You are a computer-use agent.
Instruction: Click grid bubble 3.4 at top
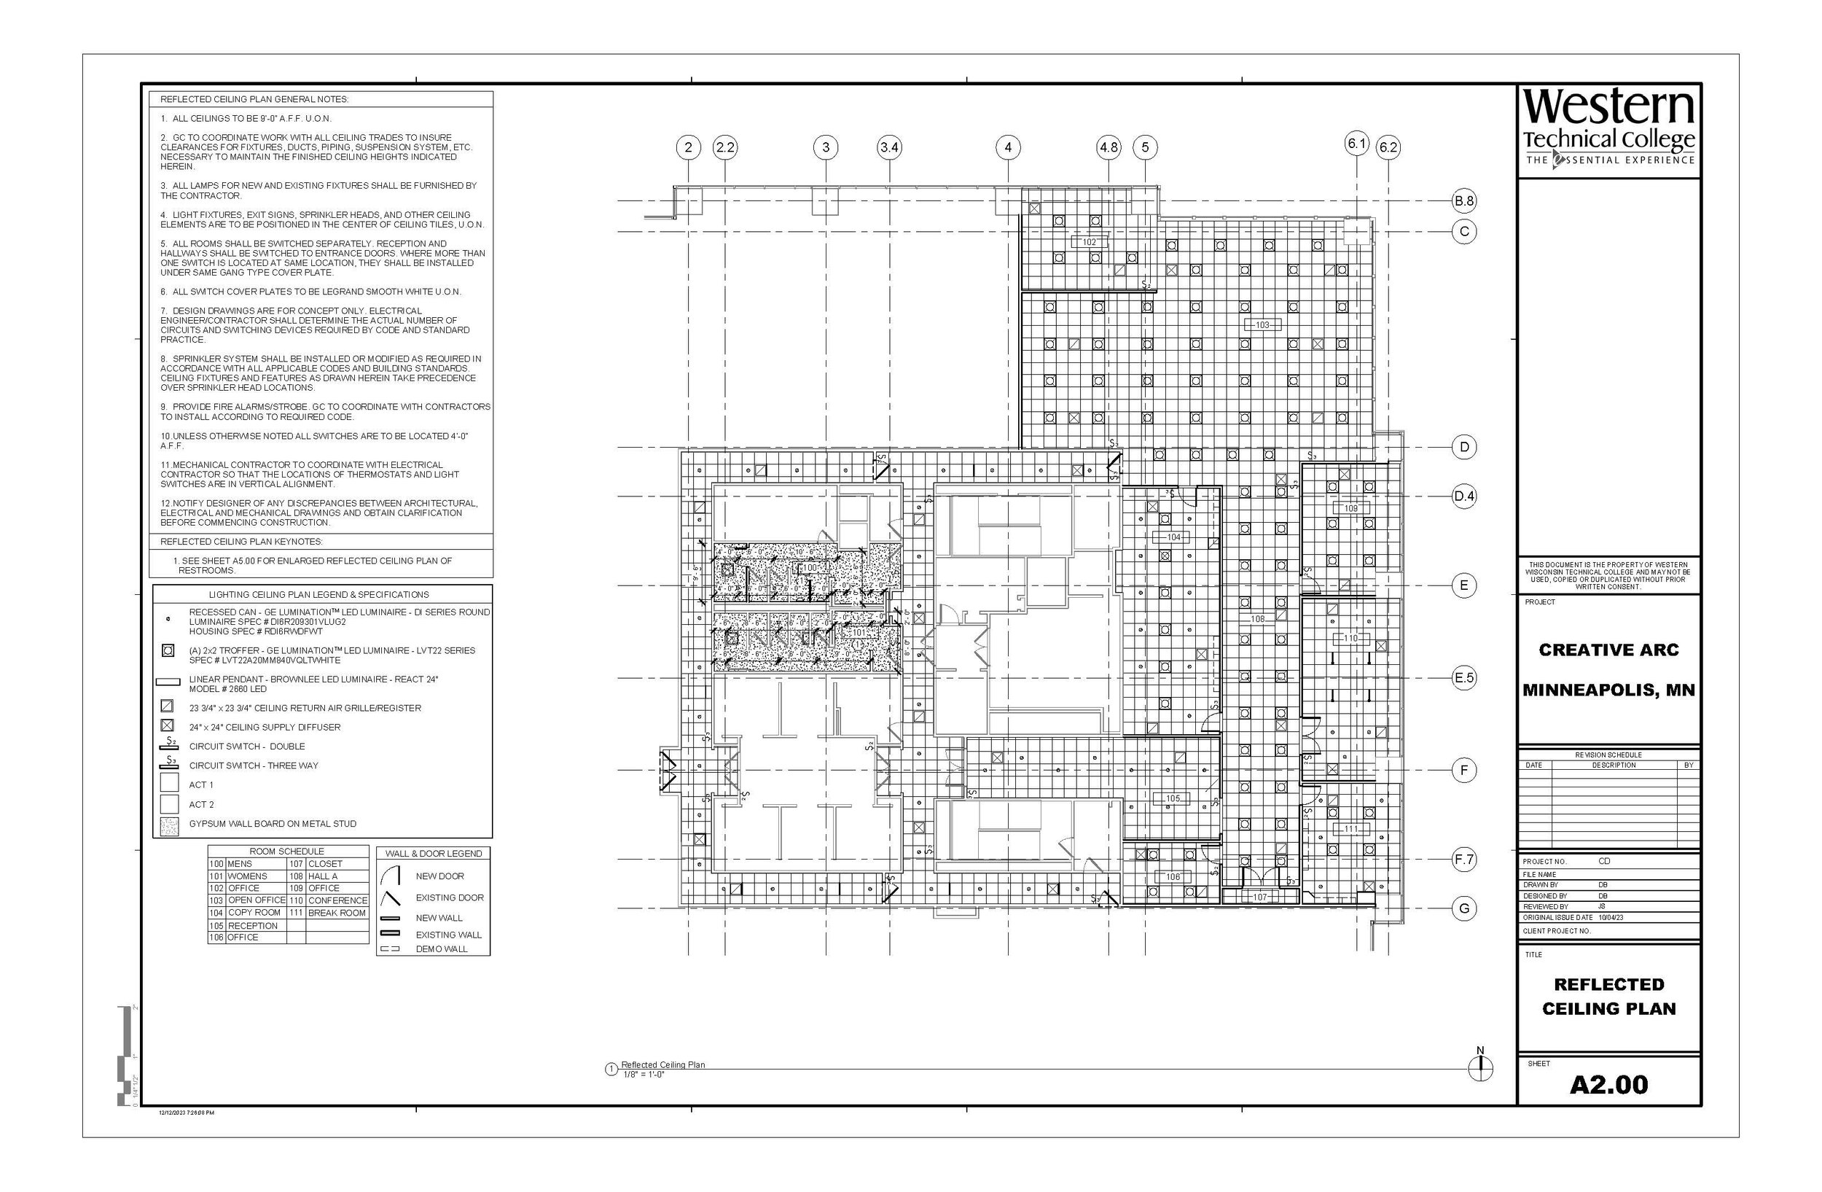(x=889, y=148)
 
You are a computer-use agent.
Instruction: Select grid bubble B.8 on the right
(x=1463, y=201)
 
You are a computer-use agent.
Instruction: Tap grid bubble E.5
(x=1463, y=677)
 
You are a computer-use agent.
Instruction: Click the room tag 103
(x=1262, y=324)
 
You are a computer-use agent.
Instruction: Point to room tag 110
(x=1350, y=638)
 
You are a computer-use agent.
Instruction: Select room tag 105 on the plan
(x=1173, y=798)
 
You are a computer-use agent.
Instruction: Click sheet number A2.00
(x=1608, y=1084)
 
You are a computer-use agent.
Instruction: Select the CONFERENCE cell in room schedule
(x=337, y=900)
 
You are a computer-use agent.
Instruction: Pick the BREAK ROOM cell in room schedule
(x=337, y=913)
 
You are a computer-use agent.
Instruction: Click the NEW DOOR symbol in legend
(x=391, y=876)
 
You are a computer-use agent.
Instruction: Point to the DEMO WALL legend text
(x=441, y=948)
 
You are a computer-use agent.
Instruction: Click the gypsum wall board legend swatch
(x=168, y=827)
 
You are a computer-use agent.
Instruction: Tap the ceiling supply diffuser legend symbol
(x=168, y=725)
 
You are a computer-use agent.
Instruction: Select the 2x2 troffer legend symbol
(x=168, y=651)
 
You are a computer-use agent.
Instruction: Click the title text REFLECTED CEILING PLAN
(x=1608, y=996)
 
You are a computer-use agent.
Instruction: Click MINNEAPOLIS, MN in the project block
(x=1608, y=690)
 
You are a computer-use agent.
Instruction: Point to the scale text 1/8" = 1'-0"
(x=643, y=1075)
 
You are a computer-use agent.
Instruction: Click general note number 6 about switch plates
(x=310, y=292)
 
